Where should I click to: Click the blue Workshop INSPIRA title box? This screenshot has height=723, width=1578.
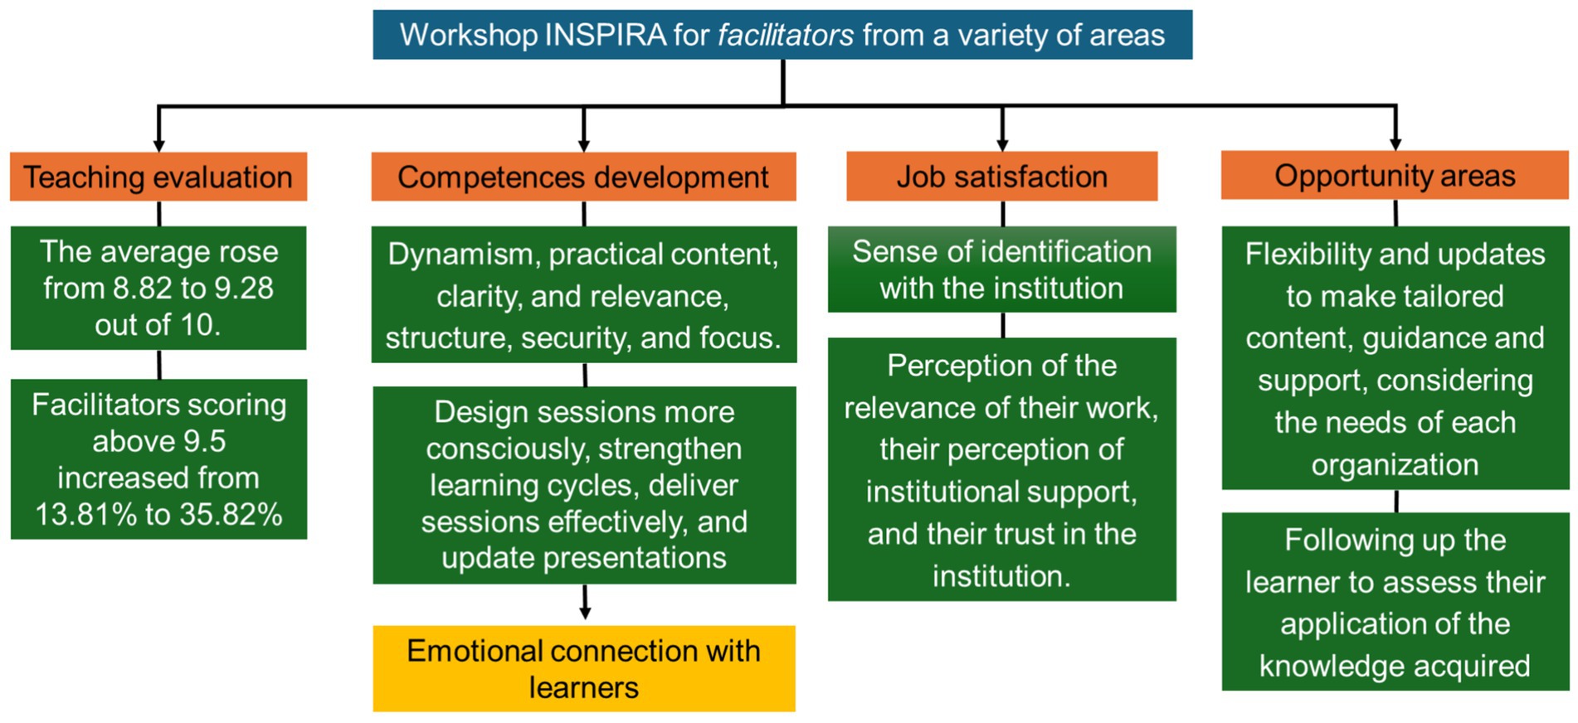click(x=782, y=35)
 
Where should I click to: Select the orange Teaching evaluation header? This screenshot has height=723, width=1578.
click(x=158, y=177)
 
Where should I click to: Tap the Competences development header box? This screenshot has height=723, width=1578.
click(x=583, y=177)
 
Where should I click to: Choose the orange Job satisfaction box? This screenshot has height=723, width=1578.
click(x=1001, y=176)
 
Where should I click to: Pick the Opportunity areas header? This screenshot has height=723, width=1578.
click(x=1395, y=175)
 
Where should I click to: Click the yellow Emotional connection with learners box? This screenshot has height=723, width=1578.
click(x=584, y=668)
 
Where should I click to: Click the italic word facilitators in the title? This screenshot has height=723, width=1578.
click(x=786, y=36)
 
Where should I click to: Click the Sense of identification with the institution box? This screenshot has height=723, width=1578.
click(x=1001, y=269)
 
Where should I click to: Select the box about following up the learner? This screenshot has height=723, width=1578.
click(x=1395, y=602)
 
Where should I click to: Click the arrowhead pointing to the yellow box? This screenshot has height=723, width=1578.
click(x=585, y=613)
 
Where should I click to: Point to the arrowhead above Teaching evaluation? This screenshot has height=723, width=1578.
click(x=158, y=146)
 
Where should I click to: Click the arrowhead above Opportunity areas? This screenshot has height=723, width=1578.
click(x=1395, y=144)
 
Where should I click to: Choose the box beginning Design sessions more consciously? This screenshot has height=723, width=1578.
click(x=584, y=485)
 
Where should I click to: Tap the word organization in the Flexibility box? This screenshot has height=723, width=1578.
click(x=1395, y=465)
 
